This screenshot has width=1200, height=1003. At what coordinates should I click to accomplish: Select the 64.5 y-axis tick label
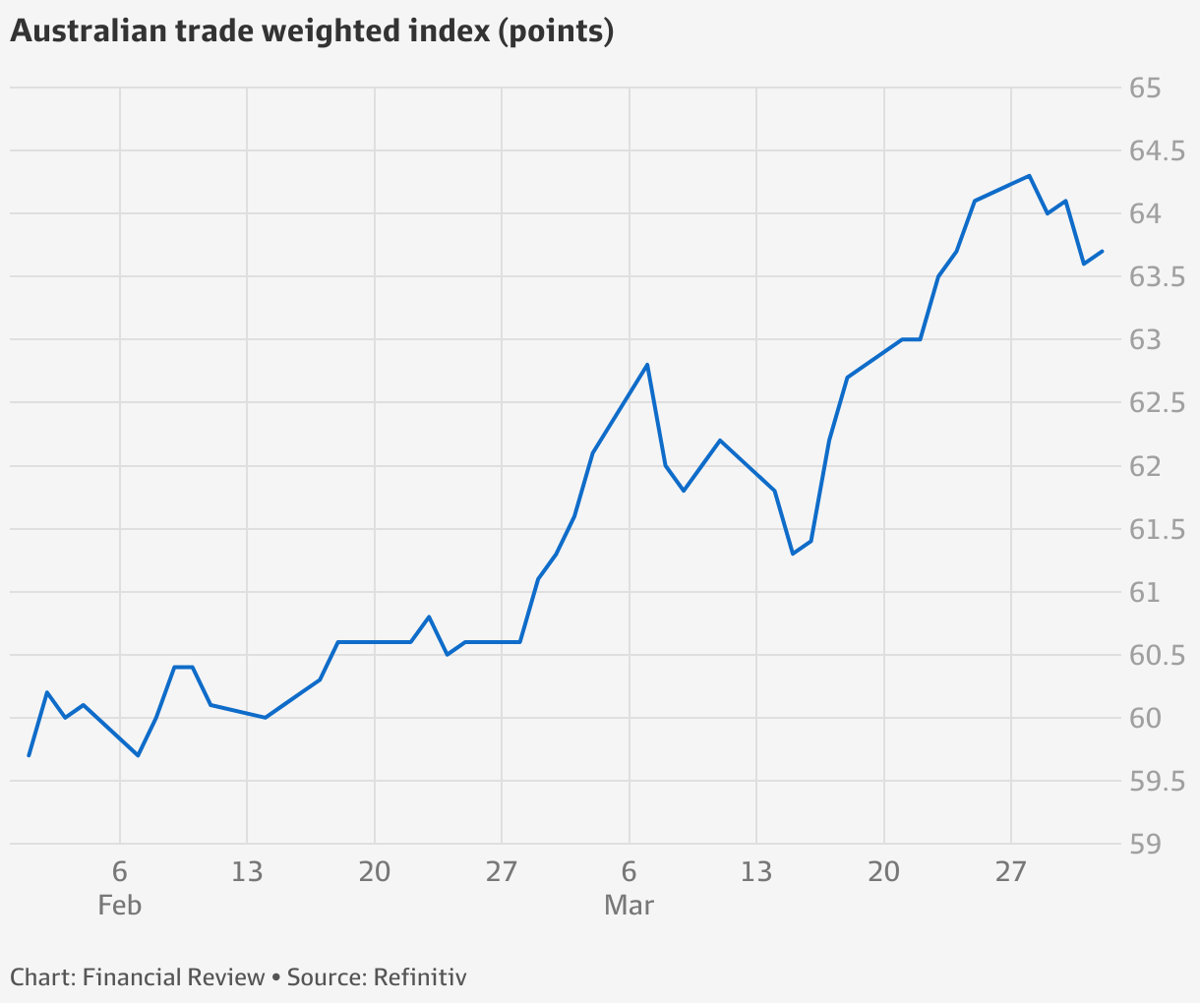click(x=1157, y=151)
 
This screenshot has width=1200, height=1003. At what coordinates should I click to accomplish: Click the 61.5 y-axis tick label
click(x=1157, y=529)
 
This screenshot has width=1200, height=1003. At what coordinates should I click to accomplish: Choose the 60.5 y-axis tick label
click(x=1157, y=655)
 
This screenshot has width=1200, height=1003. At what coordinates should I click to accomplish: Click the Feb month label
click(x=120, y=905)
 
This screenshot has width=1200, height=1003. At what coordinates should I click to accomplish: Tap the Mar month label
click(x=629, y=905)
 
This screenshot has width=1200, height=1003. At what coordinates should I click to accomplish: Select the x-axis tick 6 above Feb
click(x=120, y=871)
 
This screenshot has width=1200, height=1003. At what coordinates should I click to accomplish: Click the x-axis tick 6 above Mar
click(x=629, y=871)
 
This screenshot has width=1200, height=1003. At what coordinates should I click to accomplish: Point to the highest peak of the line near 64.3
click(x=1029, y=176)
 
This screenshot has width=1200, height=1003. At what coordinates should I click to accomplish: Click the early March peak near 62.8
click(x=647, y=365)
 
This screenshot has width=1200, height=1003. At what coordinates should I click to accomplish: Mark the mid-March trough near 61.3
click(x=793, y=554)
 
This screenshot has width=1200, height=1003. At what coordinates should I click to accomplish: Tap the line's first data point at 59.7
click(x=29, y=755)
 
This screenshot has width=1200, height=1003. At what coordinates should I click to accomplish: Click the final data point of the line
click(x=1102, y=252)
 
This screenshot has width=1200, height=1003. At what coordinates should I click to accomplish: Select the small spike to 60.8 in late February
click(x=429, y=617)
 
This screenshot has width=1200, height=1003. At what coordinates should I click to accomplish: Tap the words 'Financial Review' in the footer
click(x=173, y=977)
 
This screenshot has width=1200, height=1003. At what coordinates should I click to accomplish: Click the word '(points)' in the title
click(x=557, y=31)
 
